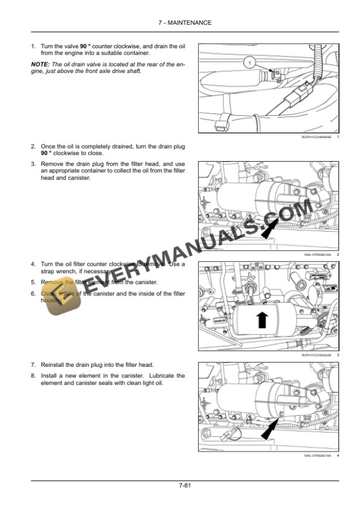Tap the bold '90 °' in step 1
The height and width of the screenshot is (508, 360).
click(x=86, y=46)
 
